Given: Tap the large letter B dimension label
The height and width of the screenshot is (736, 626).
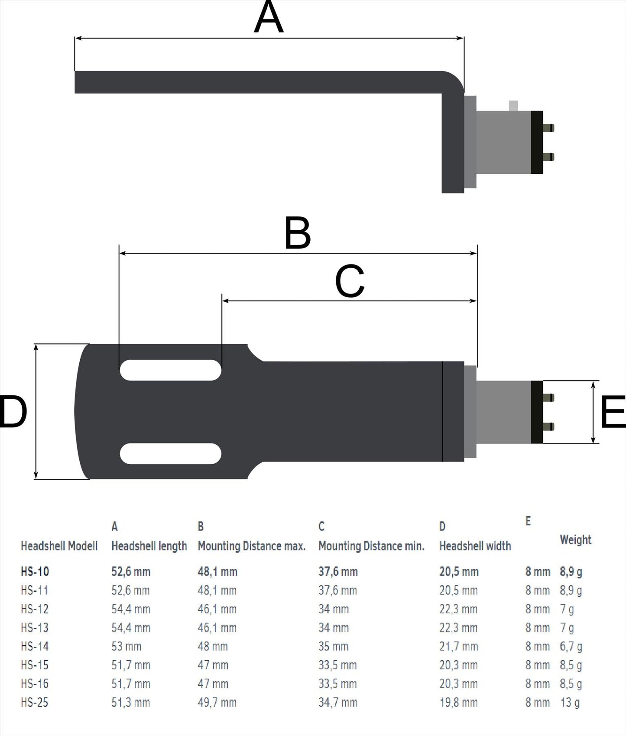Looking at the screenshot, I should tap(298, 233).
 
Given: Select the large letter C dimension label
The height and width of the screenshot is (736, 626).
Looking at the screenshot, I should tap(350, 281).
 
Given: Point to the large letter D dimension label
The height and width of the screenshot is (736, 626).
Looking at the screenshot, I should tap(13, 411).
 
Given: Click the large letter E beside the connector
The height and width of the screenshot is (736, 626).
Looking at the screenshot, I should tap(612, 411).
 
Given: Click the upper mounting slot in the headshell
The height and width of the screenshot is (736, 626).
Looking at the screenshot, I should tap(170, 370).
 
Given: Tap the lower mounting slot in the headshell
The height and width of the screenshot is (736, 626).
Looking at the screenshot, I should tap(170, 453).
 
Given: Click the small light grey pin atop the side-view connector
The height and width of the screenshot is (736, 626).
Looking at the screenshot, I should tap(513, 105).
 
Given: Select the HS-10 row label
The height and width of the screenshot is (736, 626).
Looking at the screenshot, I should tap(35, 571).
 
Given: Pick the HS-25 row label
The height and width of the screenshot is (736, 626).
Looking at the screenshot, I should tap(35, 702).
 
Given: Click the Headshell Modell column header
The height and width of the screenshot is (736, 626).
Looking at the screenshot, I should tap(59, 546).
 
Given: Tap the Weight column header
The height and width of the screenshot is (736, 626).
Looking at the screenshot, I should tap(575, 540).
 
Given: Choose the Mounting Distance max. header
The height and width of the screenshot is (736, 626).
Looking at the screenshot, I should tap(252, 546).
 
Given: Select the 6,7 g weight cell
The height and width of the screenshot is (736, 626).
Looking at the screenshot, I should tap(571, 646).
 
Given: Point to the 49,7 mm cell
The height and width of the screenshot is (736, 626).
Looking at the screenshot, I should tap(217, 702).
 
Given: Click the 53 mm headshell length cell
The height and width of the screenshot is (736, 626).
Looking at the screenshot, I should tap(126, 646).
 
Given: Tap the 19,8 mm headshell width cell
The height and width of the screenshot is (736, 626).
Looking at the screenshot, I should tap(458, 702).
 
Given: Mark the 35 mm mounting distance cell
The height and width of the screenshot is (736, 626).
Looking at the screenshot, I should tap(333, 646).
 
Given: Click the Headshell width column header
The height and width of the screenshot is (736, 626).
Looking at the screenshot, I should tap(475, 546).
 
